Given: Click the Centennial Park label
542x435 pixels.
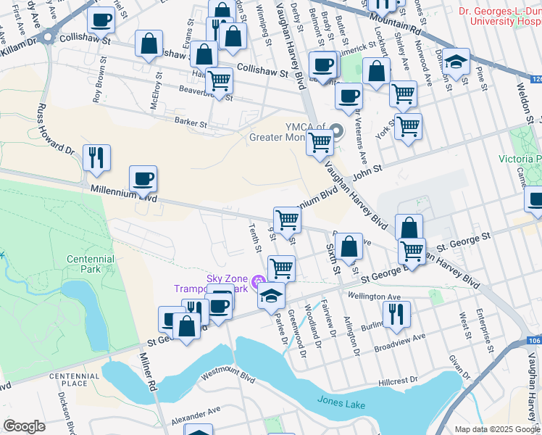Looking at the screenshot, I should click(x=90, y=265).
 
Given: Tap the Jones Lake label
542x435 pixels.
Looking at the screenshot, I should click(x=341, y=405).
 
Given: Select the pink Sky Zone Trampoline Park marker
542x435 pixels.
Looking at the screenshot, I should click(x=259, y=281).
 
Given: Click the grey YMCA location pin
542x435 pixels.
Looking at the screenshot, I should click(x=336, y=132).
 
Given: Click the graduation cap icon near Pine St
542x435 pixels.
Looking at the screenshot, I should click(x=456, y=61).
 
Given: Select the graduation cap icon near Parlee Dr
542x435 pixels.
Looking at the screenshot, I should click(x=271, y=295).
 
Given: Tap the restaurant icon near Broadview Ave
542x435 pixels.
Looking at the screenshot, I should click(x=396, y=313).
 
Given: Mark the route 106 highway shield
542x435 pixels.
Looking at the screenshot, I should click(x=534, y=340).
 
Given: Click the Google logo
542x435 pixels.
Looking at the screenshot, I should click(x=24, y=426).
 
